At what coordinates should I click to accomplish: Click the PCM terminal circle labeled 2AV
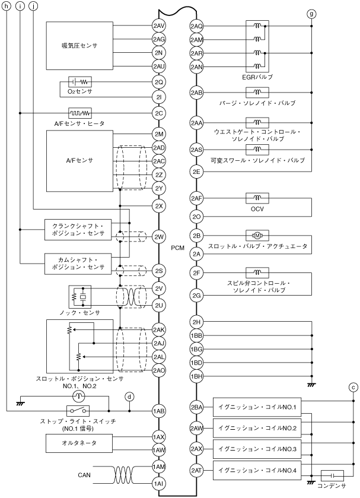[x=158, y=26]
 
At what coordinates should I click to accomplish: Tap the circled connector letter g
[x=312, y=13]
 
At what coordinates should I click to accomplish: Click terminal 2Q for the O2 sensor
[x=158, y=82]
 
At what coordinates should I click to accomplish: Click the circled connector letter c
[x=353, y=388]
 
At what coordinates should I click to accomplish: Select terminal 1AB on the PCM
[x=158, y=410]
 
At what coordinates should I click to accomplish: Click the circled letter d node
[x=130, y=396]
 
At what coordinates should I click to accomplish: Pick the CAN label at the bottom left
[x=84, y=475]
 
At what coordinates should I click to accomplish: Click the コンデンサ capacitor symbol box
[x=332, y=475]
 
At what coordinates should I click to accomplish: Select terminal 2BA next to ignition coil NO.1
[x=197, y=407]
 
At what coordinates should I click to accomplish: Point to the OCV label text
[x=257, y=209]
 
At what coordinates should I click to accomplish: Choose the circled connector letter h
[x=7, y=6]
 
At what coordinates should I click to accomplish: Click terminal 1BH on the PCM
[x=197, y=376]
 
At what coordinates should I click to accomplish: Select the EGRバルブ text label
[x=257, y=77]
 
